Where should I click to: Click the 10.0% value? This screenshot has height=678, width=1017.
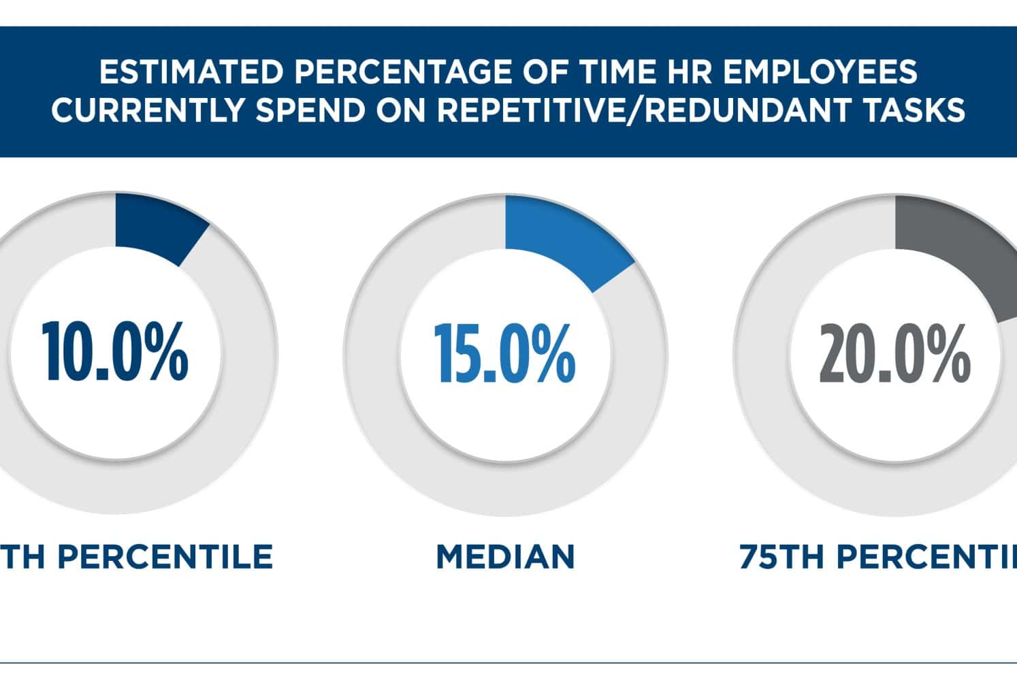[x=114, y=353]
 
